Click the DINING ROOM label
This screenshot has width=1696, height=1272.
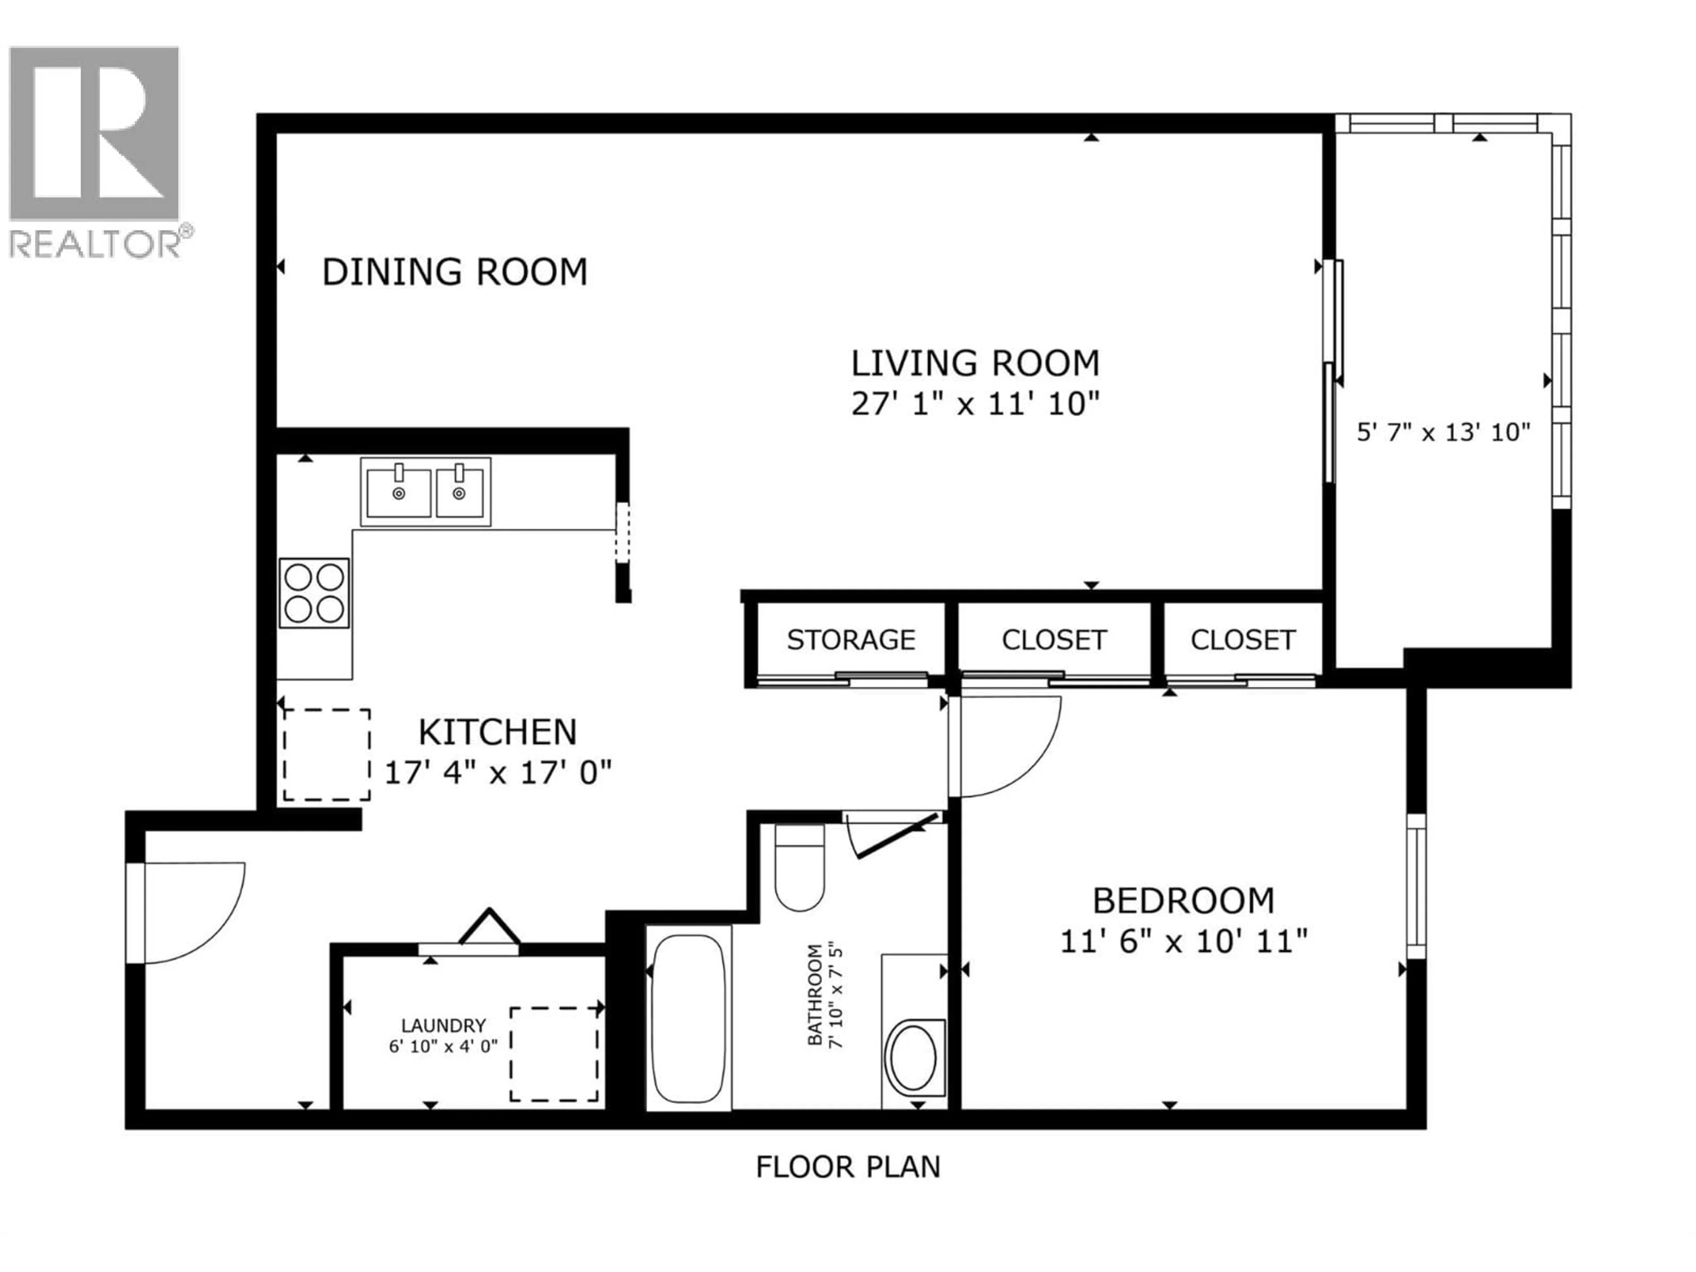coord(454,272)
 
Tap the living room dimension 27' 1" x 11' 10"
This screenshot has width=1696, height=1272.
coord(975,403)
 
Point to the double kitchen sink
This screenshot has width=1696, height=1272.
coord(425,492)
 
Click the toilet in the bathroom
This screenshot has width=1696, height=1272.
coord(800,869)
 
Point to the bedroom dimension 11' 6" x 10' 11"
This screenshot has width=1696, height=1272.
coord(1183,941)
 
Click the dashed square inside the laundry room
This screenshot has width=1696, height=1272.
coord(554,1054)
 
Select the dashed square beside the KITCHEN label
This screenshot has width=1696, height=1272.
coord(327,754)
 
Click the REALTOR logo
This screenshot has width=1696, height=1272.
coord(95,151)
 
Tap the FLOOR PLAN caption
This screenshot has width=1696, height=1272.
coord(848,1167)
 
